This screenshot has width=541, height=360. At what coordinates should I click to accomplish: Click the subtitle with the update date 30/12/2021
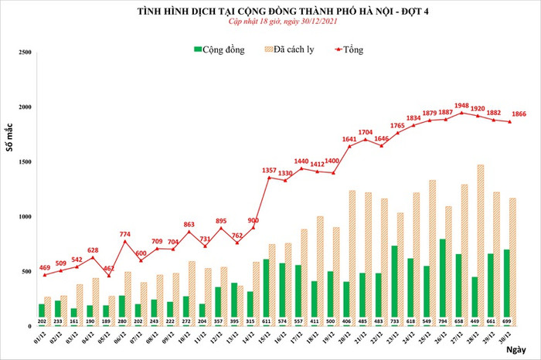(270, 25)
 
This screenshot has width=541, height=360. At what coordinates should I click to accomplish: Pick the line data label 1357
(270, 170)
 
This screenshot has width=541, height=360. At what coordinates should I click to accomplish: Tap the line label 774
(124, 233)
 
